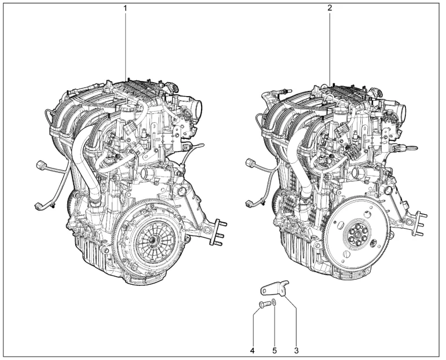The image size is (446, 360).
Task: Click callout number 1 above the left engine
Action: click(126, 8)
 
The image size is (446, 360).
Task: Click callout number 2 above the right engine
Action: click(330, 8)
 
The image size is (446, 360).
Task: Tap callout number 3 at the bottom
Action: click(297, 351)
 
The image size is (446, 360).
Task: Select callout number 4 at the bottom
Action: click(253, 351)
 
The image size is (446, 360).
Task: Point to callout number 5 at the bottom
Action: click(275, 351)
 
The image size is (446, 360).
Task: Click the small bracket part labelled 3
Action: click(275, 288)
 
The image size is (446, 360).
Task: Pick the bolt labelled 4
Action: click(264, 304)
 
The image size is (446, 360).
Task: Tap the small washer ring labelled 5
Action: click(273, 303)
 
